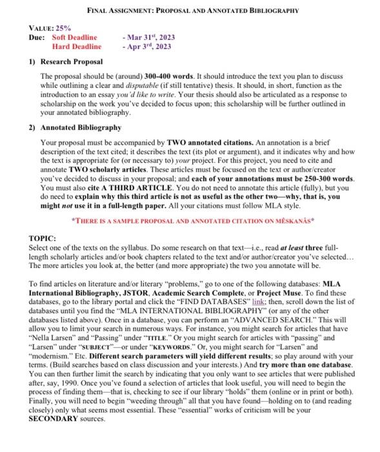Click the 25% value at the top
click(x=63, y=30)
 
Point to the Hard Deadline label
click(x=76, y=46)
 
